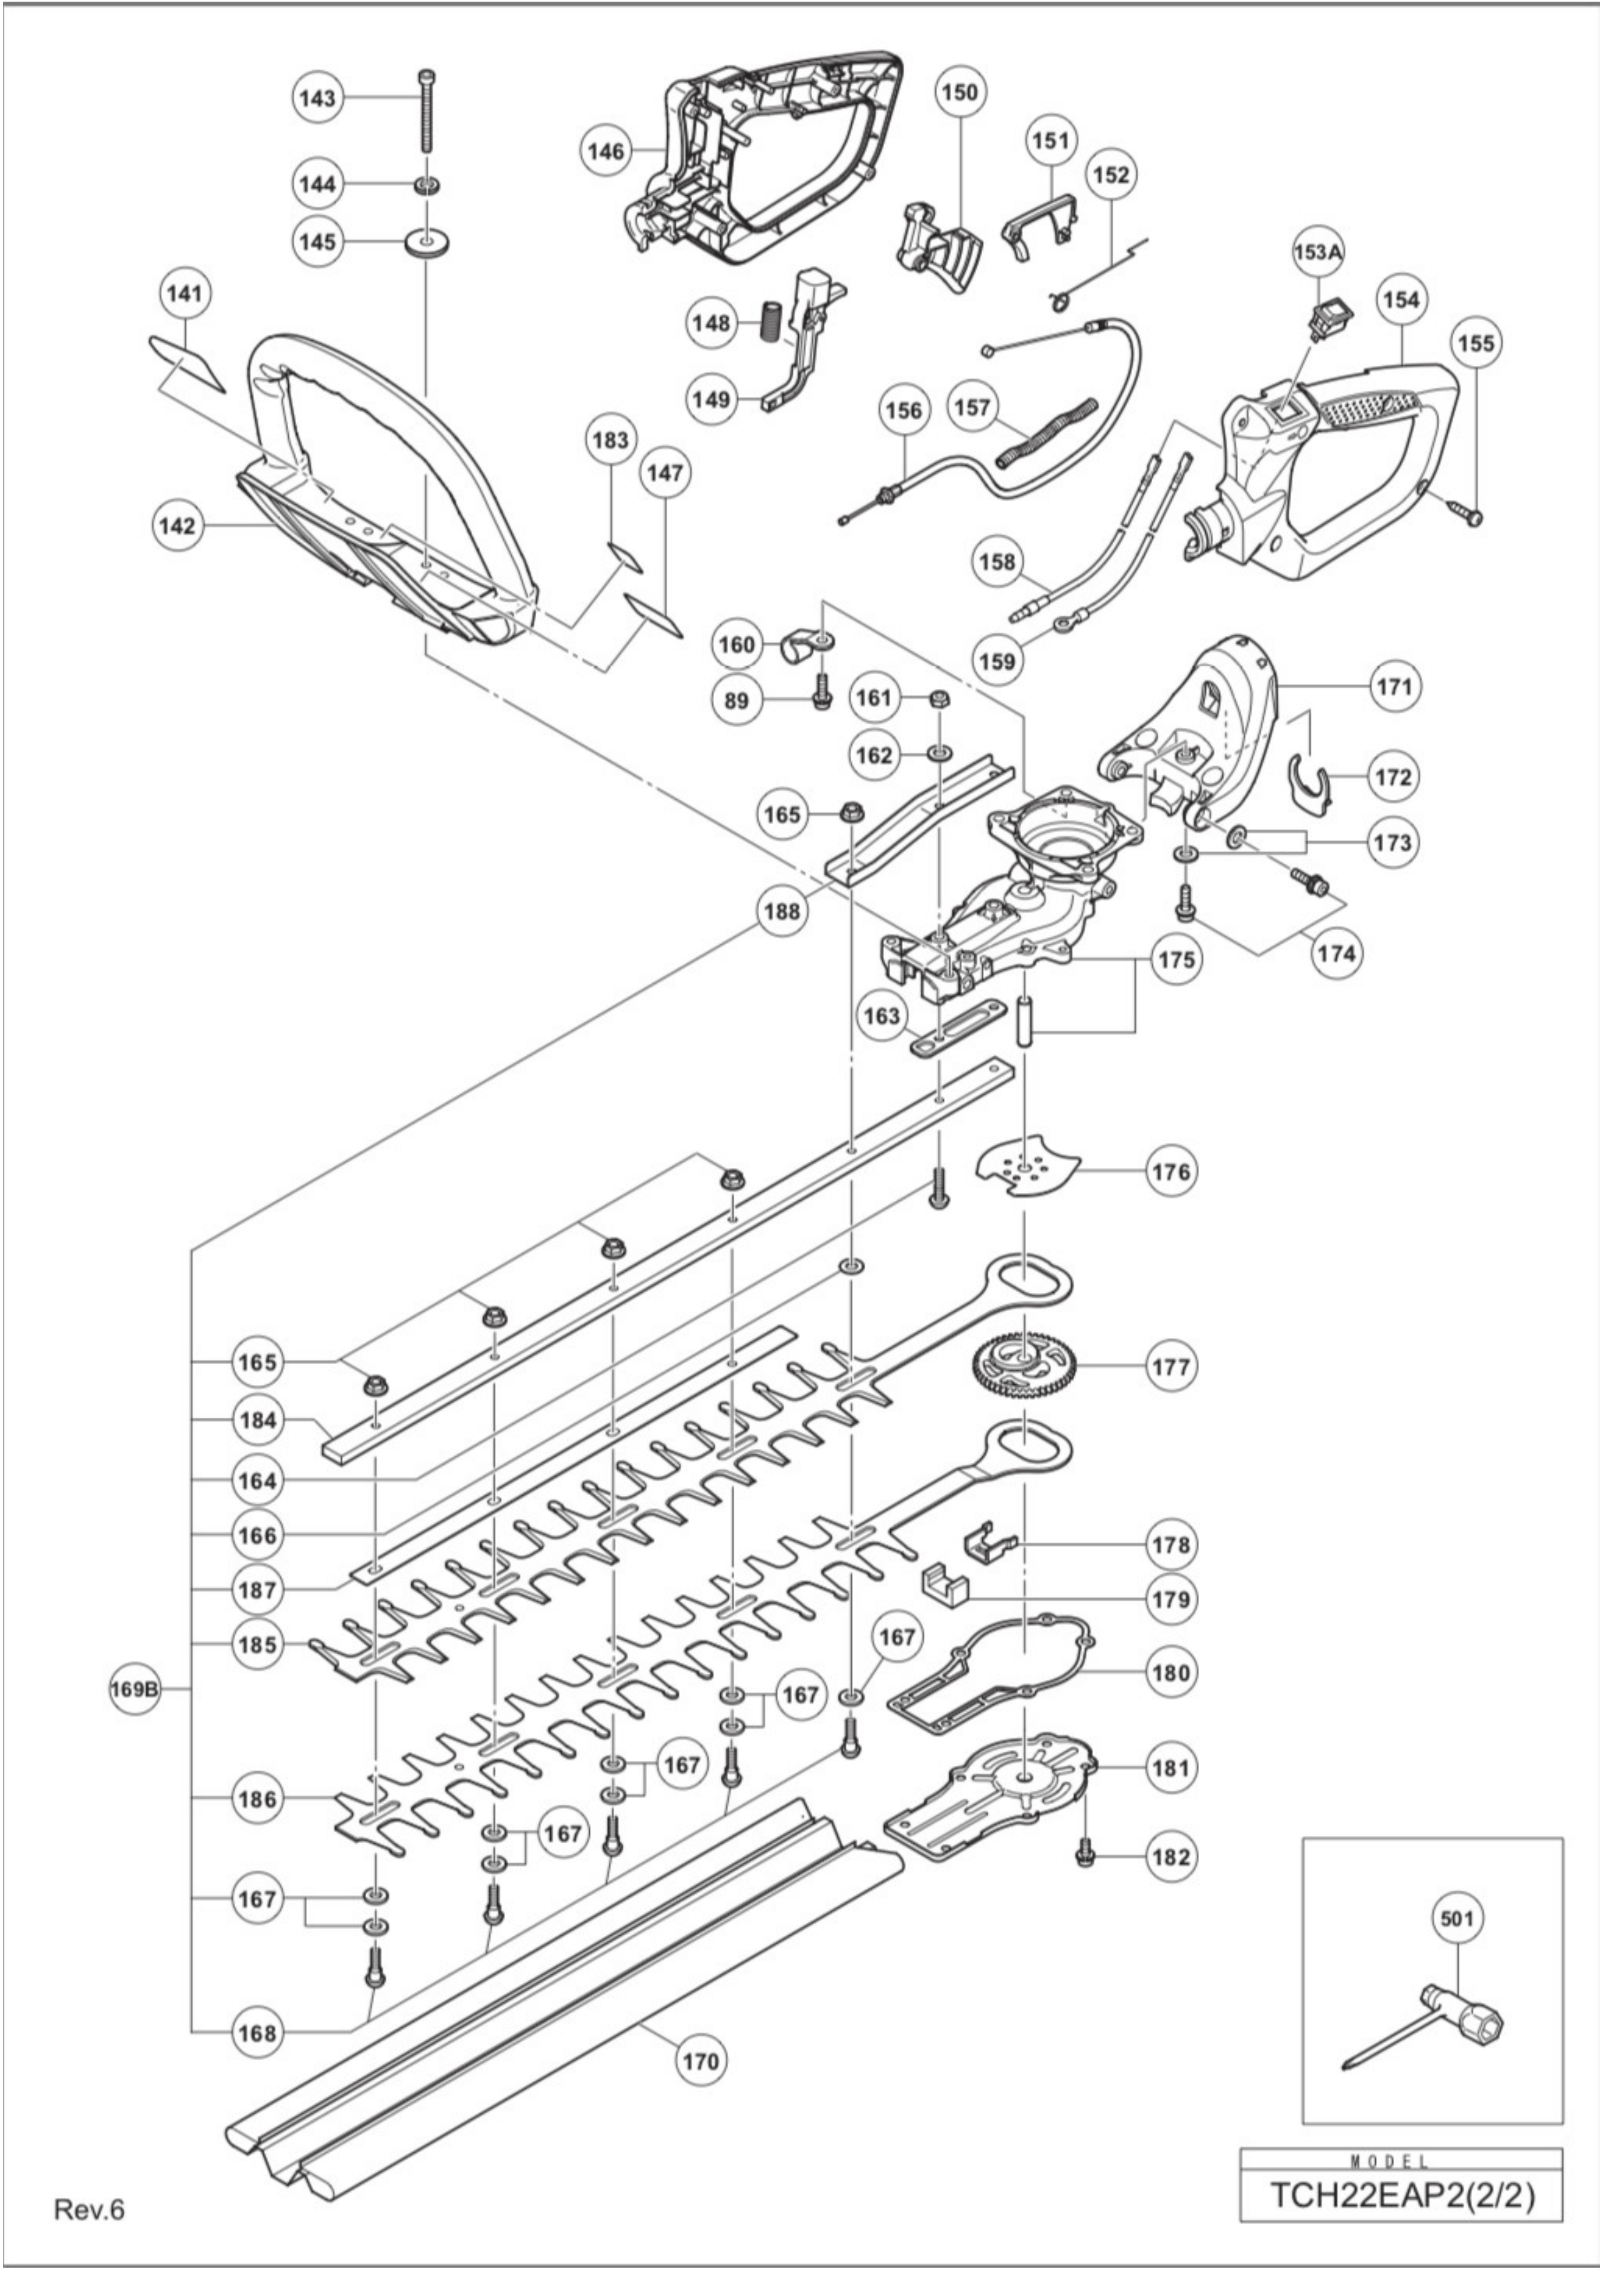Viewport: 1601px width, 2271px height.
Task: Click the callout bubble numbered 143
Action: [x=317, y=98]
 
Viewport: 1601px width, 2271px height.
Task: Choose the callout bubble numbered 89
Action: [x=737, y=700]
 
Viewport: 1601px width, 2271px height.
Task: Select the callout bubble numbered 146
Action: [x=605, y=151]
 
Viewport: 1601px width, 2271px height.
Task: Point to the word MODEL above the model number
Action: [x=1401, y=2162]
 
